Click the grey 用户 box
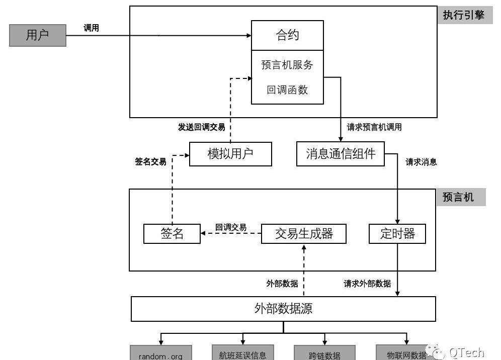pyautogui.click(x=38, y=35)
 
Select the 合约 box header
pyautogui.click(x=287, y=35)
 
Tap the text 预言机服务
pyautogui.click(x=287, y=65)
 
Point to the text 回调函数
pyautogui.click(x=287, y=90)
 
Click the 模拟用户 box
pyautogui.click(x=230, y=154)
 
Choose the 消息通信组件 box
pyautogui.click(x=341, y=154)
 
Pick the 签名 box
pyautogui.click(x=172, y=234)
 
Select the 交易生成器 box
pyautogui.click(x=304, y=234)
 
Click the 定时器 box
pyautogui.click(x=397, y=234)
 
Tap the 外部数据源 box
pyautogui.click(x=283, y=308)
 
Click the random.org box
pyautogui.click(x=160, y=354)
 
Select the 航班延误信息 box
pyautogui.click(x=242, y=354)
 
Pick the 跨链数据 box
pyautogui.click(x=324, y=354)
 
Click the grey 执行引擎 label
pyautogui.click(x=463, y=16)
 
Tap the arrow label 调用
pyautogui.click(x=91, y=28)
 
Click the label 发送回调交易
pyautogui.click(x=201, y=127)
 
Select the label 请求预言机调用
pyautogui.click(x=374, y=127)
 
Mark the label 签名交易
pyautogui.click(x=150, y=162)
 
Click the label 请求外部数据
pyautogui.click(x=367, y=284)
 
